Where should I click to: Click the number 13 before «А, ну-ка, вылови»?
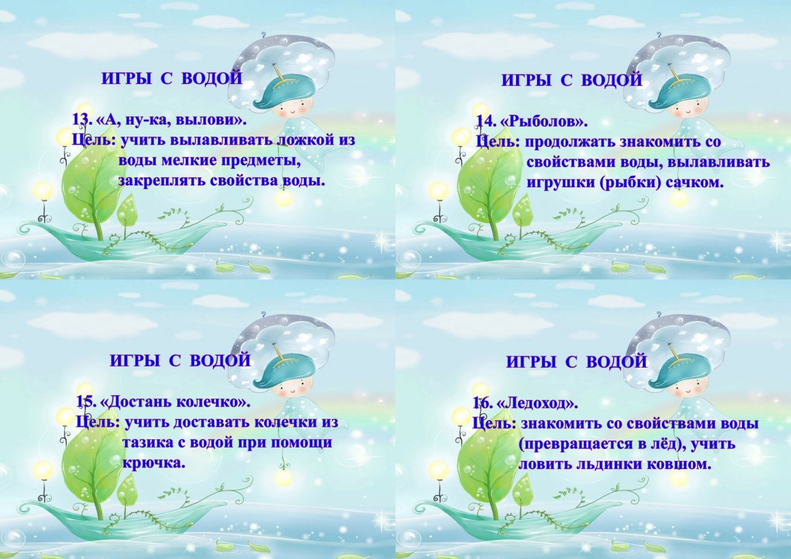80,120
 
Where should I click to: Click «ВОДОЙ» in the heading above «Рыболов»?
611,80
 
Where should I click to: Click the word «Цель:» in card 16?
495,424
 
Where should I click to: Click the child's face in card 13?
294,109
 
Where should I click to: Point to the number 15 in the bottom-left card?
85,402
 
